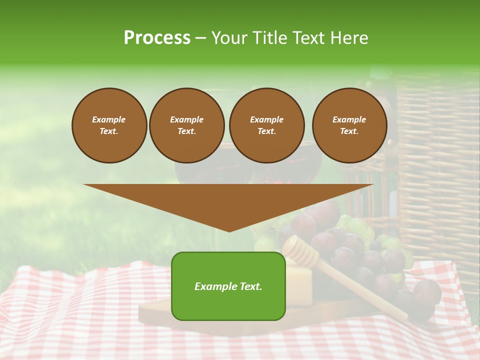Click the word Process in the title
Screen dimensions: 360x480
[x=157, y=38]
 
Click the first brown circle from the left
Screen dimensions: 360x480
[x=109, y=125]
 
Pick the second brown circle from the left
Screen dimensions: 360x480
[x=186, y=125]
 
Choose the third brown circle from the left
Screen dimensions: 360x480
[x=266, y=125]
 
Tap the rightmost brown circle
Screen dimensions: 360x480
[x=349, y=125]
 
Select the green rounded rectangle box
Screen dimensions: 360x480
[x=228, y=300]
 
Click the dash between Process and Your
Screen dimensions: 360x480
[x=200, y=38]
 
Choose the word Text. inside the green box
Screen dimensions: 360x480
[x=250, y=286]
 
